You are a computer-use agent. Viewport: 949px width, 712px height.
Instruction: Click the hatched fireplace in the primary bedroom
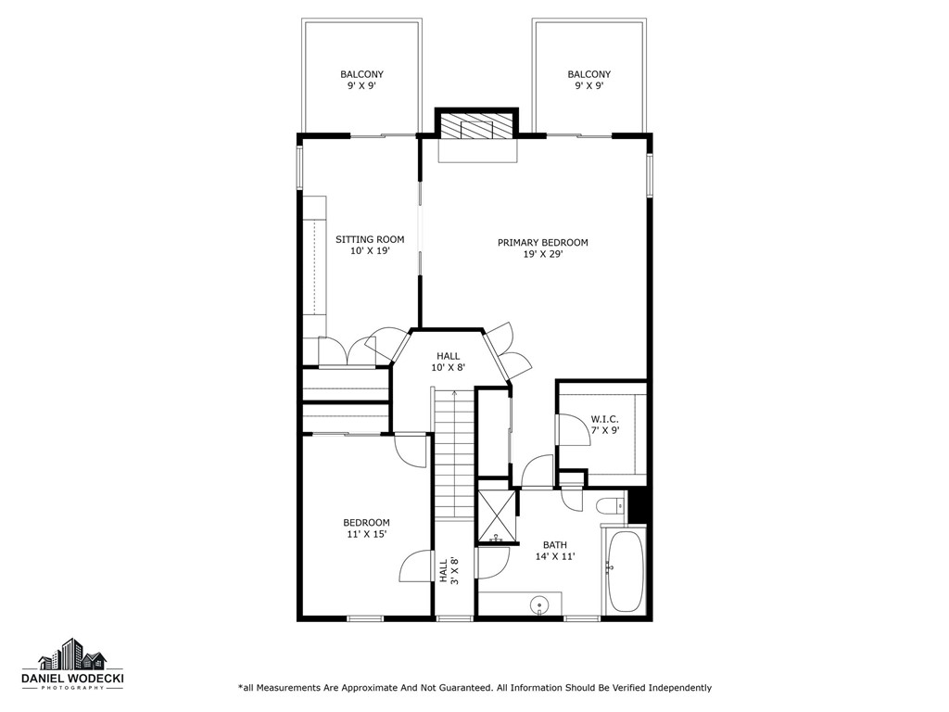coord(476,126)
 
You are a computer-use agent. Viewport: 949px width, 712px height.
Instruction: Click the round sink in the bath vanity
coord(539,604)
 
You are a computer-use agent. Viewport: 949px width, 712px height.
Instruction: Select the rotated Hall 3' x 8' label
coord(449,571)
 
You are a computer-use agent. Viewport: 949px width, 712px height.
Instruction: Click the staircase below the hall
coord(454,454)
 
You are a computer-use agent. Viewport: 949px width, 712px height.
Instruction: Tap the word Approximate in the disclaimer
coord(368,688)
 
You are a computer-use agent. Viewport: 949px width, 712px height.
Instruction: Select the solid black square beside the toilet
coord(637,506)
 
